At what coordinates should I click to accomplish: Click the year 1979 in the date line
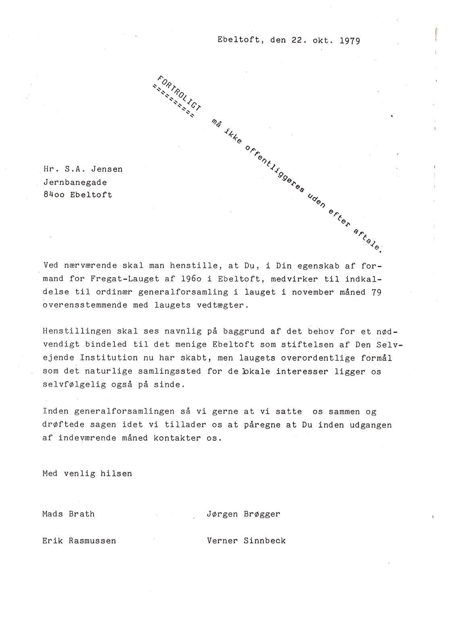349,41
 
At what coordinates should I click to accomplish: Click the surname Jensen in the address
107,169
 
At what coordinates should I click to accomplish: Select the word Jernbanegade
75,182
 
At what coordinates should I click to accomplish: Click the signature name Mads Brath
69,514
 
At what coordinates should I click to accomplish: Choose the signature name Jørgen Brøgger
243,514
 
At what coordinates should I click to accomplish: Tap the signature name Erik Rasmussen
79,541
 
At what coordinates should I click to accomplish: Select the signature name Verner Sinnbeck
246,541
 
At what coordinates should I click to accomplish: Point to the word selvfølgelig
74,384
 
